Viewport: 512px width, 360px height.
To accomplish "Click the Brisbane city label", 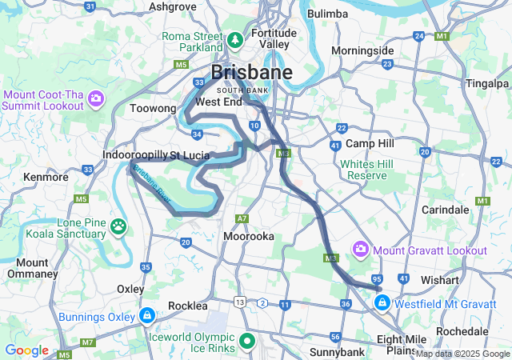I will (251, 73).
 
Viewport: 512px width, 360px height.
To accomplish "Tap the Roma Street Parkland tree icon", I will (235, 38).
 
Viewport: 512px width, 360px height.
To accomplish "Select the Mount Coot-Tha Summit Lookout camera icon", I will (96, 100).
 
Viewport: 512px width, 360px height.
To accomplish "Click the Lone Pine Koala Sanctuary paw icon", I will (118, 227).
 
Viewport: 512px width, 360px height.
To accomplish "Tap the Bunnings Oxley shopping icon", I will (146, 316).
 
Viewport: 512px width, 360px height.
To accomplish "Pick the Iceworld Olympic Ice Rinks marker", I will (247, 342).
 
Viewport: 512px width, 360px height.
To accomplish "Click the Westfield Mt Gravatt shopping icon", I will (382, 303).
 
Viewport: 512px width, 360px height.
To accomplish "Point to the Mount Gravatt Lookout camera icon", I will (362, 250).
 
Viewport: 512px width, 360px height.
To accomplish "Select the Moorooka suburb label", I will (249, 237).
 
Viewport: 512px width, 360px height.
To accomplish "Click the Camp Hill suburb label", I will (371, 143).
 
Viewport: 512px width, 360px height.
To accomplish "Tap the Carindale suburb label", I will (445, 209).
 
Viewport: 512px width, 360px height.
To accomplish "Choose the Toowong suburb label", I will (153, 106).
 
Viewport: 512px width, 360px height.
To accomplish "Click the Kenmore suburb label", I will (46, 176).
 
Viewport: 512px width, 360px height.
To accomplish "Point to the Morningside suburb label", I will (362, 50).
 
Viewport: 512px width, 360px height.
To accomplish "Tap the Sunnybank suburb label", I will (337, 352).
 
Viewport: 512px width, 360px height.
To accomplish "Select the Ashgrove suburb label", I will (173, 6).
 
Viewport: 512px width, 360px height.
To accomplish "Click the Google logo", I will (26, 350).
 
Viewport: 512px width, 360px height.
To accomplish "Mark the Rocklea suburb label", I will (188, 306).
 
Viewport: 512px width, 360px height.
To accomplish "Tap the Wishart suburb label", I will (440, 281).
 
